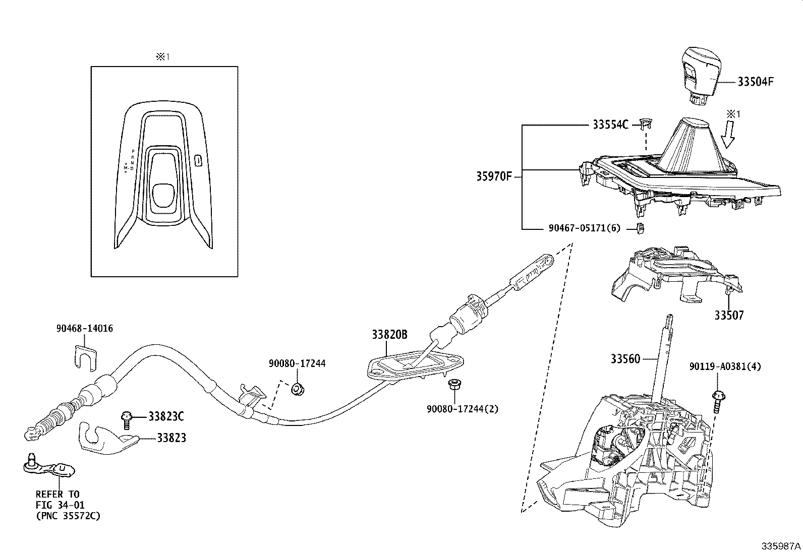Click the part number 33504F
[x=755, y=82]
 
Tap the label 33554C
[x=610, y=125]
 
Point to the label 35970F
[x=494, y=177]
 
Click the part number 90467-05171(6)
[x=584, y=228]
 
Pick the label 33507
[x=728, y=316]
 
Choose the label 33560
[x=625, y=359]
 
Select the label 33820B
[x=389, y=335]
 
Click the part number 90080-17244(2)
[x=462, y=409]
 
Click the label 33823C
[x=165, y=416]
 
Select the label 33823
[x=171, y=438]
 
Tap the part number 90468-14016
[x=85, y=329]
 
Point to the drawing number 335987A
[x=781, y=546]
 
